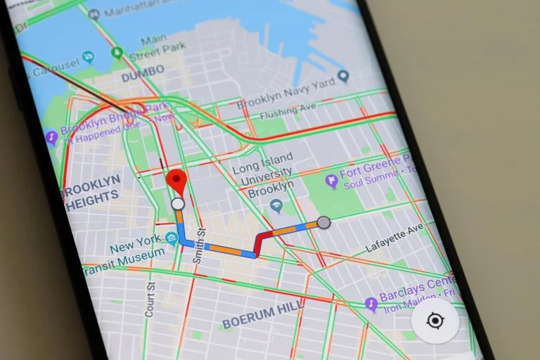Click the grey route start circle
(323, 223)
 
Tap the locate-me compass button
(435, 321)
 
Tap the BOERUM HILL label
(263, 317)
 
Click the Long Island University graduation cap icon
(276, 206)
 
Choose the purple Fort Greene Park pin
(331, 181)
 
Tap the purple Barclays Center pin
(371, 304)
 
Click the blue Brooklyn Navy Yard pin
(343, 76)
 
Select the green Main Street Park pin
(117, 53)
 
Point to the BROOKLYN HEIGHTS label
(91, 190)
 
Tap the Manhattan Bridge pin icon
(94, 13)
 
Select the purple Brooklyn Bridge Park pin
(51, 137)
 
